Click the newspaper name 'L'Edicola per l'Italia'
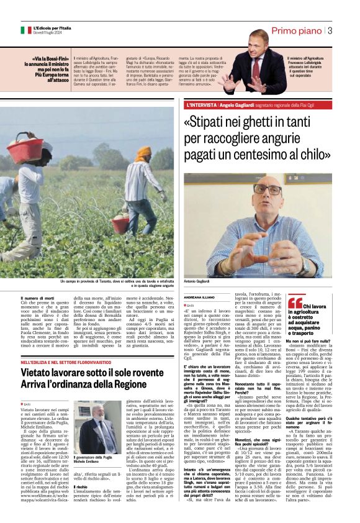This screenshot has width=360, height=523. pyautogui.click(x=54, y=27)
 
